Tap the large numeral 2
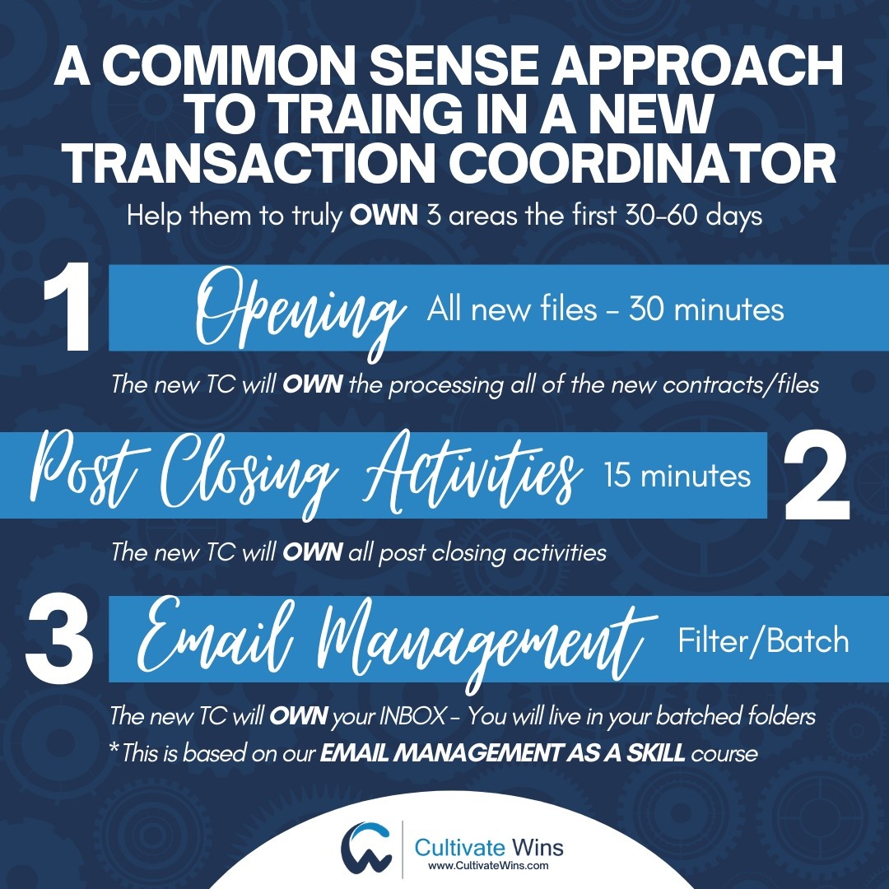coord(815,477)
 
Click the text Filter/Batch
coord(763,640)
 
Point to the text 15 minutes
coord(677,476)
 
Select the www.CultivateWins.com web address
coord(489,866)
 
